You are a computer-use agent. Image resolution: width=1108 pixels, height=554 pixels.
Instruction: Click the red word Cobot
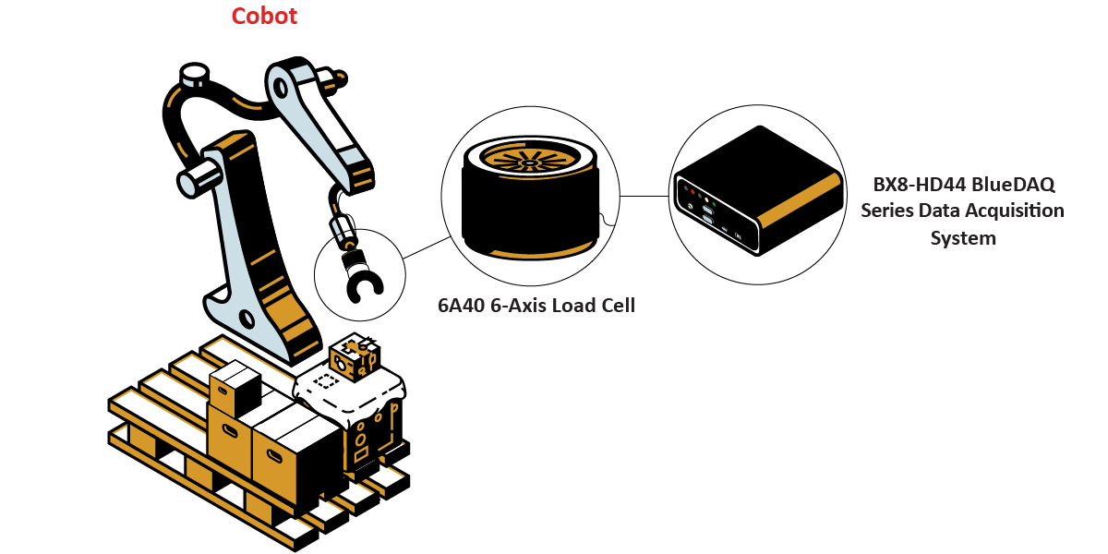[x=264, y=16]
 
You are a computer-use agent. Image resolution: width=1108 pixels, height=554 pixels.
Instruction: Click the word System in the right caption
[x=963, y=238]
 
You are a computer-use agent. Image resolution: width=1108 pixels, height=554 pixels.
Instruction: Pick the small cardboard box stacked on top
[x=235, y=389]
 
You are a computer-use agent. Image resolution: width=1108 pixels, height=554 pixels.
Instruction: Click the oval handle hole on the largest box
[x=273, y=457]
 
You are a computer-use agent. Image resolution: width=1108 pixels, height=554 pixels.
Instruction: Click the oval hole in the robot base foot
[x=247, y=319]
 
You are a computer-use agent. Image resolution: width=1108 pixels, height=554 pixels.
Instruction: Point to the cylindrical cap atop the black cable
[x=195, y=74]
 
